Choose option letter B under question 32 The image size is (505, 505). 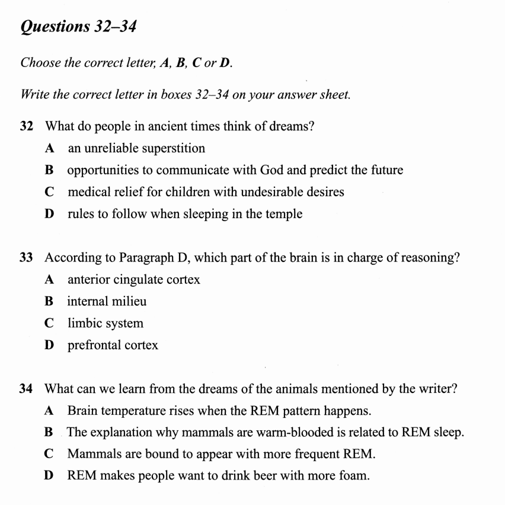49,170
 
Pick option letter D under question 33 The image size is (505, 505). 49,345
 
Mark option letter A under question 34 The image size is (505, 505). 49,410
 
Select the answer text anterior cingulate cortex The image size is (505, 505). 134,279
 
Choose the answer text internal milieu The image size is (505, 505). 107,301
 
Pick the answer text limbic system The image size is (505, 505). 106,324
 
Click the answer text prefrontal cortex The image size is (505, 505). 113,345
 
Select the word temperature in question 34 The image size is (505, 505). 130,410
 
